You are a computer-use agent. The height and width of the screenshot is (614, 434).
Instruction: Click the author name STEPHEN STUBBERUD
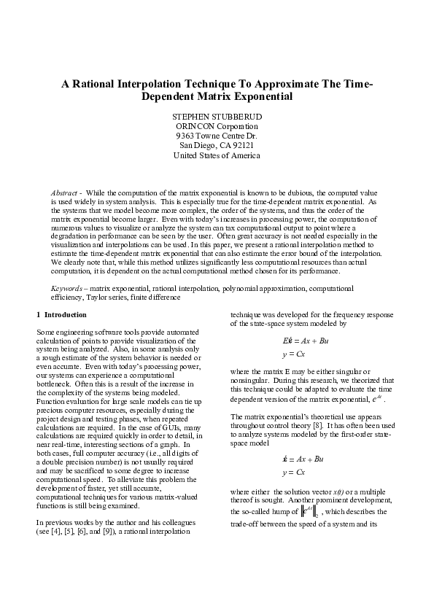tap(217, 117)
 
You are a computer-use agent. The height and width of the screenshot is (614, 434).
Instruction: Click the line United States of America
tap(217, 155)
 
